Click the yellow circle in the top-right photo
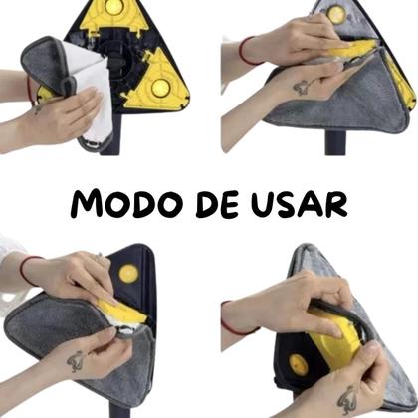(337, 14)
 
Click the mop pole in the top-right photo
(333, 144)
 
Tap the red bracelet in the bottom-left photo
(27, 267)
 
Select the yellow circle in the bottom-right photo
(299, 364)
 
